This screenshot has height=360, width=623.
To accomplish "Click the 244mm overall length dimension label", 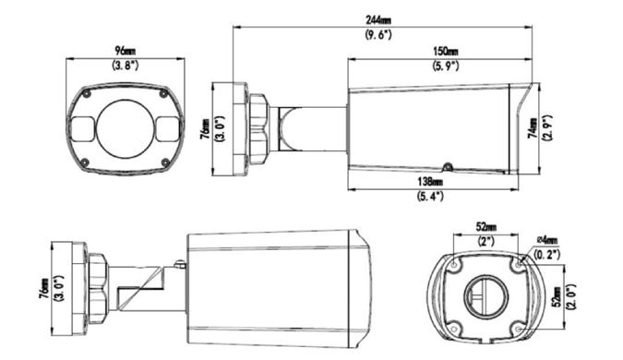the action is click(x=377, y=20).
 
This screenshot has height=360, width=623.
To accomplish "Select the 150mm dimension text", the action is click(x=446, y=52).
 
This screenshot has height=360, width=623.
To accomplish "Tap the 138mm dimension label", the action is click(x=430, y=182).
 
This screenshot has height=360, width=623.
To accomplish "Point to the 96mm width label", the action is click(x=126, y=51).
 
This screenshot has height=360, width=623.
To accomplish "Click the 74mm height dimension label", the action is click(x=533, y=127).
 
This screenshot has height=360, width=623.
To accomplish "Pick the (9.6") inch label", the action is click(x=378, y=35).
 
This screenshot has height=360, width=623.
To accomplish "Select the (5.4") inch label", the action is click(x=430, y=197).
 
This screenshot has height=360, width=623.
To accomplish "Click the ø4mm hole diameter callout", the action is click(x=547, y=240).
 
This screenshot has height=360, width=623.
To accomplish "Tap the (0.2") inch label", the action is click(x=547, y=254).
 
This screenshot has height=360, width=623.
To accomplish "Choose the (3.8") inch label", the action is click(x=126, y=66).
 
